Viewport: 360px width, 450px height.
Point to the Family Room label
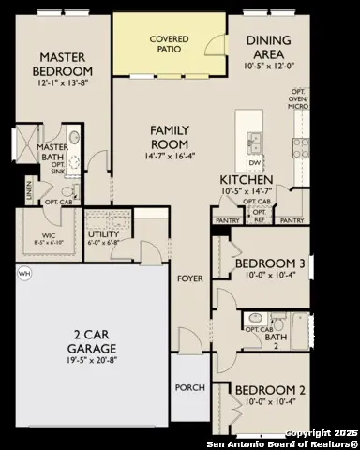[172, 139]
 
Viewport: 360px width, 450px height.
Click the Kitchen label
[246, 179]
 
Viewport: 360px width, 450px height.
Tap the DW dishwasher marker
[254, 160]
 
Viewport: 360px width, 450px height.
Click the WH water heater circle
[22, 273]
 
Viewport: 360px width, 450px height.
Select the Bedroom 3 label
[269, 265]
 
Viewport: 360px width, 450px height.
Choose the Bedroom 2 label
[269, 389]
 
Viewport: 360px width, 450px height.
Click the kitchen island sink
[254, 142]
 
